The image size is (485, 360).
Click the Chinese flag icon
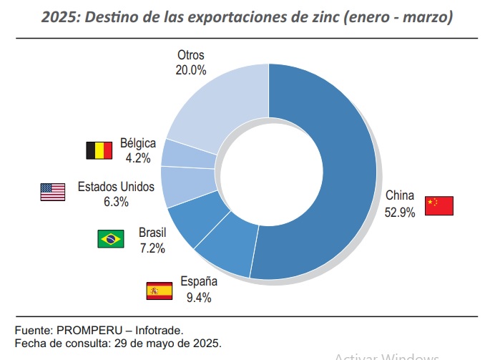[x=439, y=205]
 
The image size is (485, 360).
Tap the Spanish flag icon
[x=159, y=291]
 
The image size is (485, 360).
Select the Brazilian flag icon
[x=111, y=239]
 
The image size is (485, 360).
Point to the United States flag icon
[x=53, y=192]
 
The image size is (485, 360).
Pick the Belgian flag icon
[x=99, y=150]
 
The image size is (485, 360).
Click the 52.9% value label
[x=399, y=213]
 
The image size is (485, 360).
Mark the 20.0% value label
[x=190, y=70]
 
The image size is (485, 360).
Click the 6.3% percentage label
[x=116, y=202]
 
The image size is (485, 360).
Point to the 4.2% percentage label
[x=137, y=157]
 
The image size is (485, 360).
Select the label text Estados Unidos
[x=116, y=187]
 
